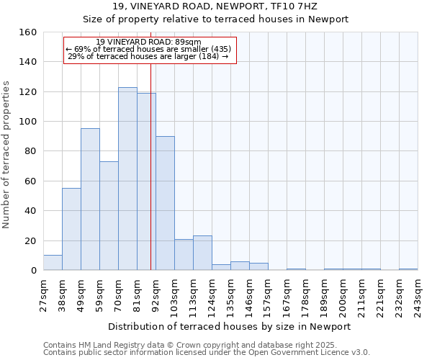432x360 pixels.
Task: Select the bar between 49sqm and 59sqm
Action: tap(90, 199)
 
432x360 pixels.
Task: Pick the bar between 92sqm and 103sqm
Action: tap(165, 203)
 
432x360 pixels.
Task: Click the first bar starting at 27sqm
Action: tap(53, 263)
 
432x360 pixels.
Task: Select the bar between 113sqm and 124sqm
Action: tap(202, 253)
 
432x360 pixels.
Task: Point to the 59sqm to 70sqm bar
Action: tap(109, 216)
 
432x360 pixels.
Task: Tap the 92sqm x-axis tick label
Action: tap(156, 294)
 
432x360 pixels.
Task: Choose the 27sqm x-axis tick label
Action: tap(44, 294)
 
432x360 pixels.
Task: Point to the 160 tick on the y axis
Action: tap(28, 32)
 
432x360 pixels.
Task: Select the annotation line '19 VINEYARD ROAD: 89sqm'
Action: tap(148, 42)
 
